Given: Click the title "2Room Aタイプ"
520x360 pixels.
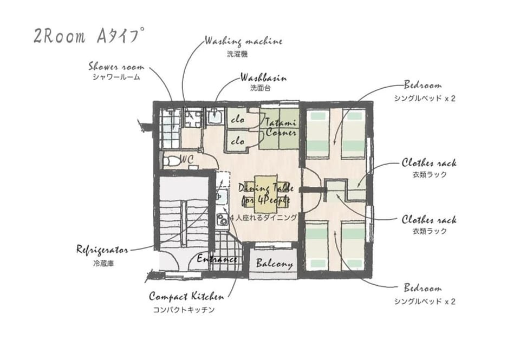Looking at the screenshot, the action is pos(89,36).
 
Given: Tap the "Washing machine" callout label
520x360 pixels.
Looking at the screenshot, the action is pos(243,41).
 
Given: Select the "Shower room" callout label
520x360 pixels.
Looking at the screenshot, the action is pos(116,67).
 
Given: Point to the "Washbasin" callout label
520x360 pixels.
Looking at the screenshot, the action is pos(263,78).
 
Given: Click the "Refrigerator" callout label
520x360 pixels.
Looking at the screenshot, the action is pos(102,250).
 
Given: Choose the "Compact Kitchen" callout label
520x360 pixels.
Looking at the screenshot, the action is pos(186,296).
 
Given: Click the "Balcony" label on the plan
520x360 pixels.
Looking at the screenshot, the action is pos(274,264).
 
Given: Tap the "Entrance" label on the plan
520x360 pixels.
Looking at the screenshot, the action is pos(217,259).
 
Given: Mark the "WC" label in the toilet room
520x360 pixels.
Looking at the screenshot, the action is pos(186,160).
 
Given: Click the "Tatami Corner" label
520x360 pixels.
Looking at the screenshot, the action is pos(281,128).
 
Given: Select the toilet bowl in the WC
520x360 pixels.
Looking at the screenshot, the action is pos(171,161).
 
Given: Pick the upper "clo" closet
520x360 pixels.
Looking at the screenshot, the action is pos(237,119).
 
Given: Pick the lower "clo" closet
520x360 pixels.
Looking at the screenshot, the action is pos(237,141).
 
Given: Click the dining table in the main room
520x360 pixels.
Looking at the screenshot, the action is pos(265,194).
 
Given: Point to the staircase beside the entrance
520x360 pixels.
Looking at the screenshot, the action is pos(184,213).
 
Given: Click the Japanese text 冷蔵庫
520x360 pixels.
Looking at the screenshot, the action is pos(103,264).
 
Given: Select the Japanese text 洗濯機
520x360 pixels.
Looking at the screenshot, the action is pos(237,54).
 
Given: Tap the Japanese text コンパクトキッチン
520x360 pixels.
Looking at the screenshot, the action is pos(184,310).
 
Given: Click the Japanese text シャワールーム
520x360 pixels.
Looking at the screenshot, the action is pos(116,77).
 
